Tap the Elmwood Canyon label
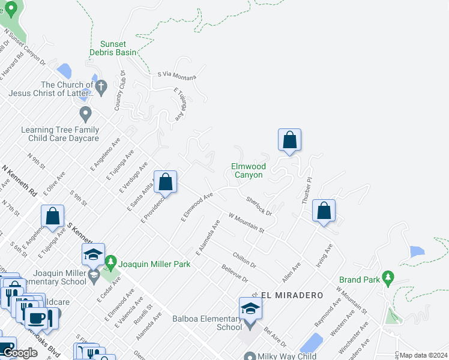248,170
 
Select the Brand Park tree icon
388,278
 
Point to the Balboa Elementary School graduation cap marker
250,309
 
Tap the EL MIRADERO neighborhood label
292,296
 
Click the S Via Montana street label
177,74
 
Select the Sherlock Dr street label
259,205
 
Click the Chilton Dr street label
244,260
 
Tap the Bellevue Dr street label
234,274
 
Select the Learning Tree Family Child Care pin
85,112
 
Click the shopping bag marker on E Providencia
165,181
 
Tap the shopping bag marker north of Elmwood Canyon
289,140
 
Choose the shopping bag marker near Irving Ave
324,211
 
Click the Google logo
20,353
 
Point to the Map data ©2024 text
424,355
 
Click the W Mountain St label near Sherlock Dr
246,221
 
